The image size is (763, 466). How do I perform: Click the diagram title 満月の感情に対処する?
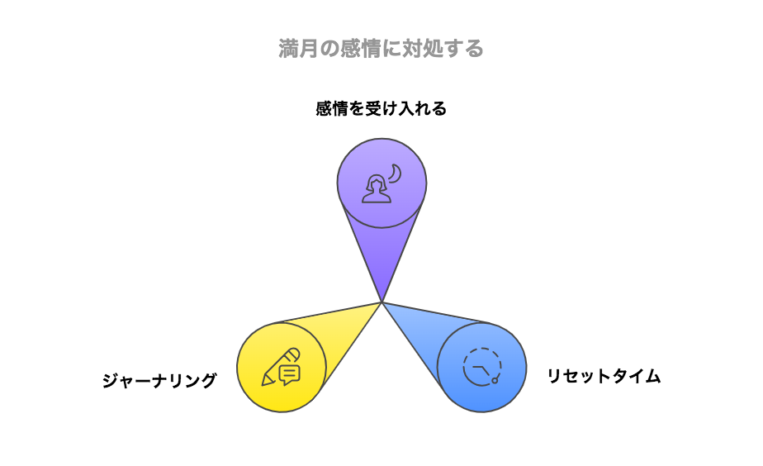point(381,49)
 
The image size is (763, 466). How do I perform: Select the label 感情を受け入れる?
point(381,108)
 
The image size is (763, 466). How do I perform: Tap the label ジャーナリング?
point(159,380)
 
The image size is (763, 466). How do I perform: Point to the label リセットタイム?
point(604,376)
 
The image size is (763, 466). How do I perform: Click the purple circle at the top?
point(382,183)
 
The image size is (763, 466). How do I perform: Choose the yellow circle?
point(282,367)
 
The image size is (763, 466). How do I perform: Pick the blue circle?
point(481,367)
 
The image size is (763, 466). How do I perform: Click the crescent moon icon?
point(396,174)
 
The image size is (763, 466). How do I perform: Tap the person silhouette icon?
point(377,189)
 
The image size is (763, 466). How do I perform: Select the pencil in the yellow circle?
point(280,367)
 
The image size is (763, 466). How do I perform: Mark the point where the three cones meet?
point(382,302)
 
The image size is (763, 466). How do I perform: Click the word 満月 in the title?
point(299,49)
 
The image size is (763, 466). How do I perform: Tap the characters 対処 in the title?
point(422,49)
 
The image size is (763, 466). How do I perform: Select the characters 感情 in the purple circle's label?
point(332,108)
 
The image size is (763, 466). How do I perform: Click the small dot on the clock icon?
point(495,380)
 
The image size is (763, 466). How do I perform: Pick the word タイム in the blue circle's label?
point(637,376)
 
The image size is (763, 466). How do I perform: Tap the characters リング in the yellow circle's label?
point(192,380)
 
